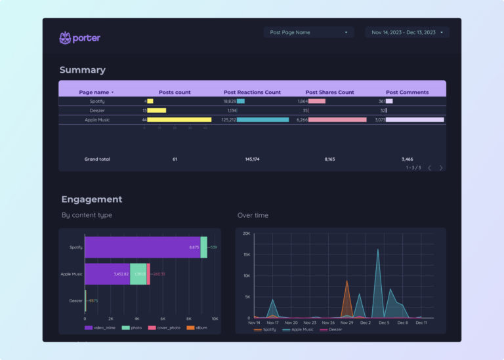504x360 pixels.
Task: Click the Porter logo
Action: point(79,38)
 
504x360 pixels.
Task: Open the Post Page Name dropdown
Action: point(308,32)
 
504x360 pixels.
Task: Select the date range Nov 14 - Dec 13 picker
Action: point(407,32)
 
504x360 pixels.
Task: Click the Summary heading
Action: point(82,70)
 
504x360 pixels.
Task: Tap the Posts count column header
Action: point(175,92)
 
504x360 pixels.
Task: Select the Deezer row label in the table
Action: point(97,111)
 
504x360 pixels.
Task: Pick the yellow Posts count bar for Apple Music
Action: point(179,120)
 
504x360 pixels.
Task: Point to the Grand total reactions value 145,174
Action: point(252,159)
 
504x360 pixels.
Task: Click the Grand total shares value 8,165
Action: point(329,159)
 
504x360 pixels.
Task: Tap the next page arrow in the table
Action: point(441,168)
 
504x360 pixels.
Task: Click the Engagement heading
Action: point(91,199)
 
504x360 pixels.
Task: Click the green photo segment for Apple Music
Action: point(138,274)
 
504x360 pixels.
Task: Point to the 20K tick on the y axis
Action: point(246,233)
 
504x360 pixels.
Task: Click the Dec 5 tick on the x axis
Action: point(384,323)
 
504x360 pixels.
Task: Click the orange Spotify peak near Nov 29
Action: point(347,282)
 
